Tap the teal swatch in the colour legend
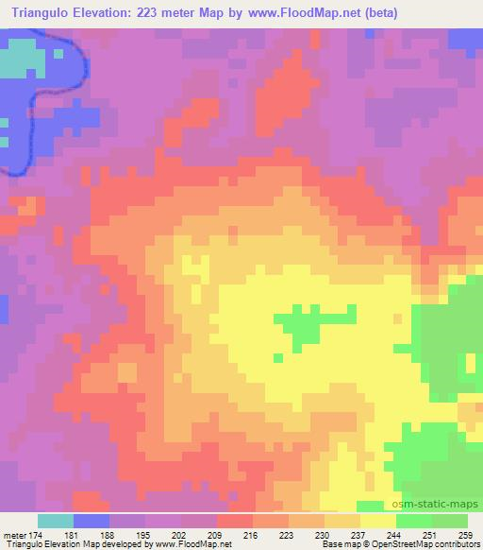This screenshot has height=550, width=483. pos(56,521)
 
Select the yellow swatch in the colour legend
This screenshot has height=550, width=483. pos(378,521)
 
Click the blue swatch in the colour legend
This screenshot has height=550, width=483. pos(92,521)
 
